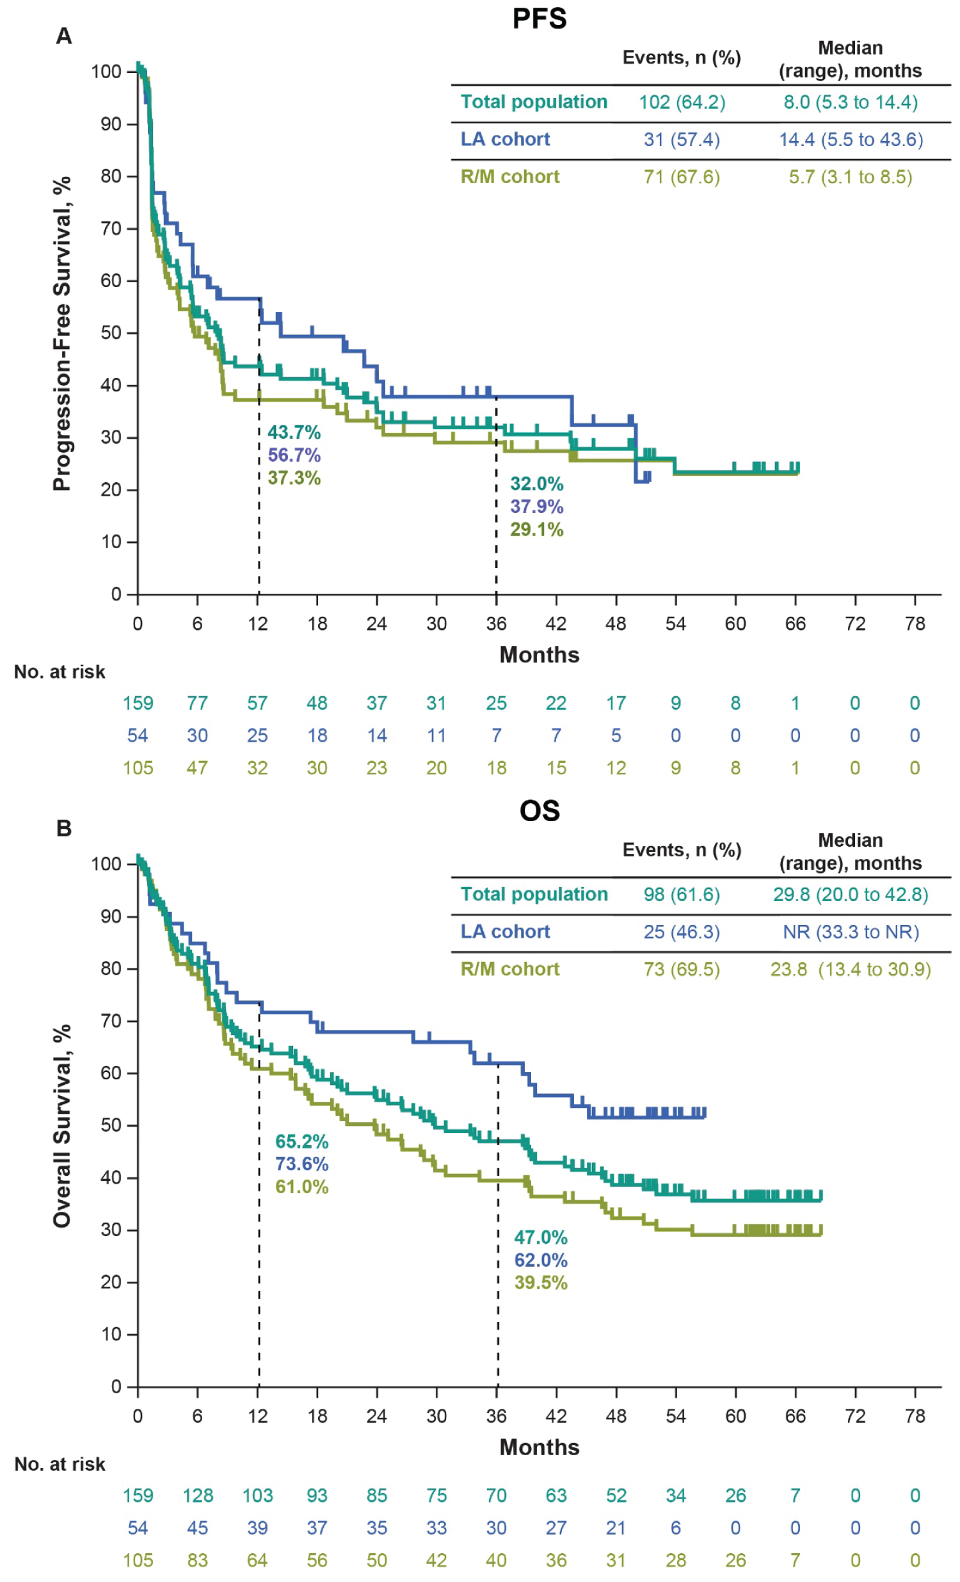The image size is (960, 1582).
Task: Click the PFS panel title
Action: click(x=539, y=18)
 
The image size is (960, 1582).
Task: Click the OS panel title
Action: click(x=539, y=811)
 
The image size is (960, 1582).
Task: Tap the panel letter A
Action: click(x=63, y=36)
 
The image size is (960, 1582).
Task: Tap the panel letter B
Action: click(x=63, y=828)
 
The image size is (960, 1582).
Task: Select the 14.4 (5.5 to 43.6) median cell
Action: click(x=851, y=140)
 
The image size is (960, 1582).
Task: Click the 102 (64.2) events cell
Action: click(x=682, y=102)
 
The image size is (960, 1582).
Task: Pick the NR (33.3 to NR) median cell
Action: click(x=851, y=932)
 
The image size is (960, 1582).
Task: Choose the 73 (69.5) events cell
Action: click(x=682, y=969)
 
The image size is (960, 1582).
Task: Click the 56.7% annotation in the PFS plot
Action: click(x=294, y=455)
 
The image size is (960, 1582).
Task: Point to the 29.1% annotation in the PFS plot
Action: click(x=536, y=530)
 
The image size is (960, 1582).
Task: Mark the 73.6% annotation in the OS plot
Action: click(x=301, y=1163)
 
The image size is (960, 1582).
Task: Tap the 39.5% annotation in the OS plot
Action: click(x=540, y=1283)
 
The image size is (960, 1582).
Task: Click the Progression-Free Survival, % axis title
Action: click(x=61, y=334)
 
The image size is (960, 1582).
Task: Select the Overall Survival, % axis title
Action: click(x=61, y=1126)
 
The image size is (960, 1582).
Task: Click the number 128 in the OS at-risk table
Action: click(x=197, y=1496)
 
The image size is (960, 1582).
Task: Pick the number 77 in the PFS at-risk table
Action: click(x=197, y=703)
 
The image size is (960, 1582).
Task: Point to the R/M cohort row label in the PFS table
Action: click(x=509, y=177)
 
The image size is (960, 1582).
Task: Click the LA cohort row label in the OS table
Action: click(x=505, y=932)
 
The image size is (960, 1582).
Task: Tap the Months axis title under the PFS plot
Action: click(x=539, y=655)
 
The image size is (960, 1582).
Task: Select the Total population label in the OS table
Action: click(x=534, y=894)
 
